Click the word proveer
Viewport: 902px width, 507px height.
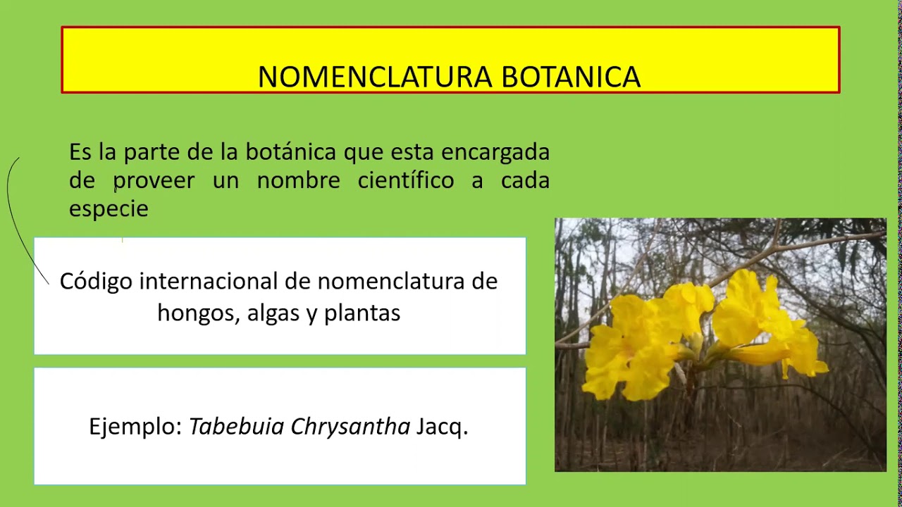pos(154,181)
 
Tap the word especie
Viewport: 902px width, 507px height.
pos(109,209)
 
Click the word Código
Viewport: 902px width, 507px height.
pos(96,282)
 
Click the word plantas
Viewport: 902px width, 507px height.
pos(362,313)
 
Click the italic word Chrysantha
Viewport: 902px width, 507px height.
pos(350,427)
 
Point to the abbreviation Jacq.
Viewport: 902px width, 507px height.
pos(442,427)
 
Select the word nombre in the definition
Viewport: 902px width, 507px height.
pos(298,181)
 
